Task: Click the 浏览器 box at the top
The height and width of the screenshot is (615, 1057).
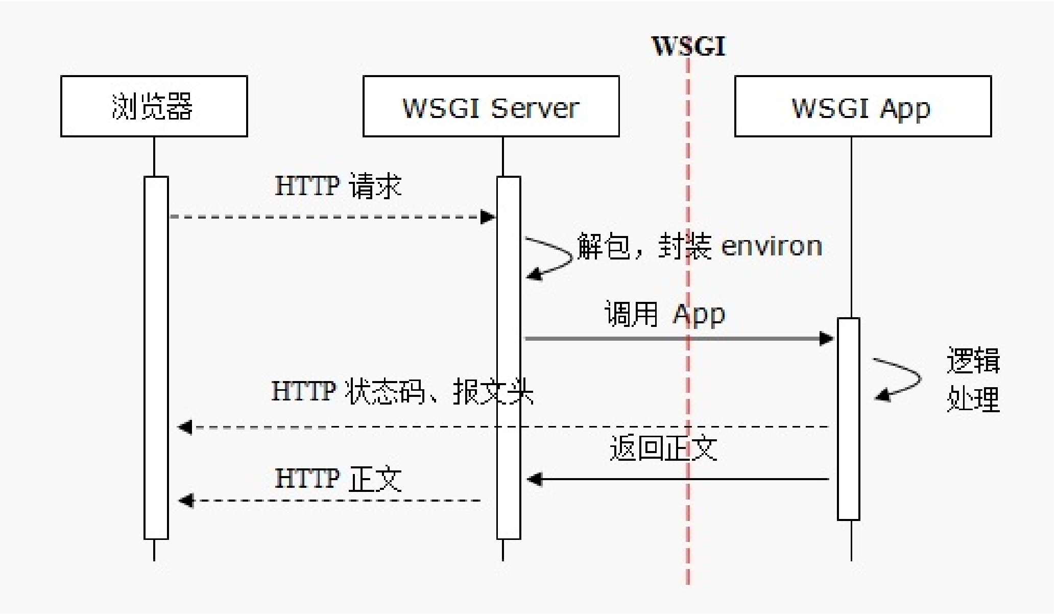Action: pos(154,106)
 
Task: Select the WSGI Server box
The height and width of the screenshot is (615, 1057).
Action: pos(491,106)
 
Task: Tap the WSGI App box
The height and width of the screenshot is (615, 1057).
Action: pos(863,106)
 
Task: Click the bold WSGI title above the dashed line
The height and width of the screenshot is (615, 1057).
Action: pos(688,46)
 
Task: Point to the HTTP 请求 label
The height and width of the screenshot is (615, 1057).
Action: pos(338,186)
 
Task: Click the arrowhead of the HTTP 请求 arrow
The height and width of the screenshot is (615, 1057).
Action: pos(488,217)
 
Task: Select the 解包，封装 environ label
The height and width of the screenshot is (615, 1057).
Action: pos(700,246)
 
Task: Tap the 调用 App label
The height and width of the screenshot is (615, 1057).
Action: pos(665,314)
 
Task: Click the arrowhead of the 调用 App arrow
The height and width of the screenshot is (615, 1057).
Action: pos(827,338)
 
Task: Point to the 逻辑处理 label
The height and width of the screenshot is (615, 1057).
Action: pos(973,379)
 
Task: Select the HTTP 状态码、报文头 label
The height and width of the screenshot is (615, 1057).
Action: pos(402,392)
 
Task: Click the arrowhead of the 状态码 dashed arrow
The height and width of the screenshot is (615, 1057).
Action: pos(185,427)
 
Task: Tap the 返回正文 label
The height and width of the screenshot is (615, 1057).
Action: pos(664,448)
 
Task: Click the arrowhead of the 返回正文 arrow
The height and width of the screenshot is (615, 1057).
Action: pos(534,479)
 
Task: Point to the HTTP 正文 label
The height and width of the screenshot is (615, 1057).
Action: pos(338,479)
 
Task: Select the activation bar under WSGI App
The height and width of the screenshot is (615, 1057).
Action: pos(849,419)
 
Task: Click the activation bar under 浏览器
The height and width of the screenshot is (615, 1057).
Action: pos(156,358)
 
